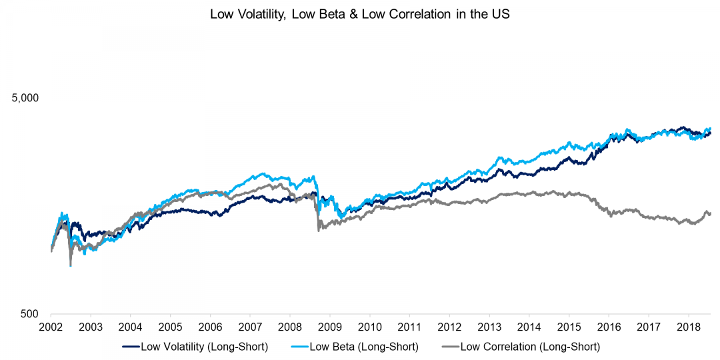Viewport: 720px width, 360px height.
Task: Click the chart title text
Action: [360, 14]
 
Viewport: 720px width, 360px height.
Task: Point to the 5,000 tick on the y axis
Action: [26, 98]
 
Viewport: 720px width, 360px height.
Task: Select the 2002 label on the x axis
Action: [51, 327]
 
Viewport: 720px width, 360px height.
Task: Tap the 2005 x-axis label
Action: [170, 327]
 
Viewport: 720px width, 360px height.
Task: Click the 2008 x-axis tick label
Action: [289, 327]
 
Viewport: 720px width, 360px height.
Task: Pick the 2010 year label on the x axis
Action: [369, 327]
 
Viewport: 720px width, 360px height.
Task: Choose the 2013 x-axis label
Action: [489, 327]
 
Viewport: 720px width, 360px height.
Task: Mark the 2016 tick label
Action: [609, 327]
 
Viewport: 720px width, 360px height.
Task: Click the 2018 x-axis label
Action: [688, 327]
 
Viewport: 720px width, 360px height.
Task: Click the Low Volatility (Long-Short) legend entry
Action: [197, 347]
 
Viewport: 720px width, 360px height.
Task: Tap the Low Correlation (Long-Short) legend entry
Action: [530, 347]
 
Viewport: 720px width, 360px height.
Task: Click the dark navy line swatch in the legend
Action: [130, 347]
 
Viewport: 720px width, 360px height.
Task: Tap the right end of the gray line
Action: [711, 213]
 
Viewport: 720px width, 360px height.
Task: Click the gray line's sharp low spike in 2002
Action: [71, 265]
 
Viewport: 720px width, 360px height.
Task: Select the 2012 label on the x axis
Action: [449, 327]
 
